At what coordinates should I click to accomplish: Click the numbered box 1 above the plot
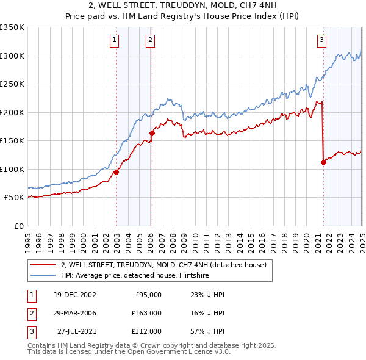tap(115, 41)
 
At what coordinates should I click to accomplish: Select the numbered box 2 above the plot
tap(150, 41)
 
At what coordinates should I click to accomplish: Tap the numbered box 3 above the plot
tap(321, 41)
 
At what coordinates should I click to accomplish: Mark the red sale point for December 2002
tap(116, 172)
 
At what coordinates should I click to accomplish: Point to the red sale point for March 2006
tap(152, 133)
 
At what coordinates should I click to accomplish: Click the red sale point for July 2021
tap(323, 162)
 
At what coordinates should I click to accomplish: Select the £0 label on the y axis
tap(18, 226)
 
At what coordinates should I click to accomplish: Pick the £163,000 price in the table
tap(146, 313)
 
